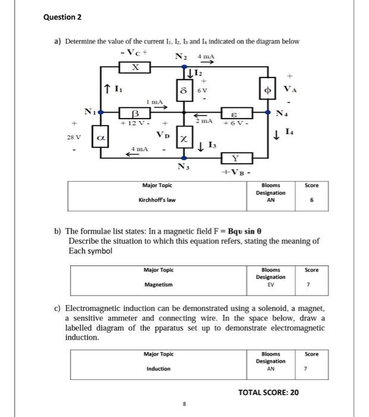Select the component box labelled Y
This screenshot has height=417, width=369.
tap(236, 158)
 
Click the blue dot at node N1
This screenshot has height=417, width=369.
tap(100, 111)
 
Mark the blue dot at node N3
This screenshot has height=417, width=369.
tap(185, 158)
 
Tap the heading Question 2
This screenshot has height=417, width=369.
tap(62, 17)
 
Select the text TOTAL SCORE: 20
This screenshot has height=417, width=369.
tap(268, 392)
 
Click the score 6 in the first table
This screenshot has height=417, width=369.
tap(312, 200)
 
